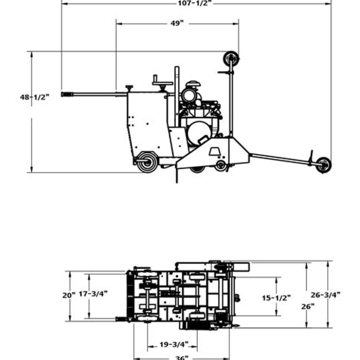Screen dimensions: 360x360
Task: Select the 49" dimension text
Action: pyautogui.click(x=177, y=23)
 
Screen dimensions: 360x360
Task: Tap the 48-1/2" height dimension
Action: pyautogui.click(x=34, y=97)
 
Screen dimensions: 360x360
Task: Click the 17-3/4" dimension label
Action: pyautogui.click(x=93, y=294)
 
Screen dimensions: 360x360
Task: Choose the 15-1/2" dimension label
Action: pyautogui.click(x=276, y=298)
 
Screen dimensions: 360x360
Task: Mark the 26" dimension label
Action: pyautogui.click(x=308, y=306)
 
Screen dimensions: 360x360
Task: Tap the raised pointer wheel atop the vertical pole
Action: pyautogui.click(x=231, y=59)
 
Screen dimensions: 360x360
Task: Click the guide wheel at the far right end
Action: pyautogui.click(x=323, y=165)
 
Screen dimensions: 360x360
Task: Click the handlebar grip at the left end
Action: pyautogui.click(x=67, y=95)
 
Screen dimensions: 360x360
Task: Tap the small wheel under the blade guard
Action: pyautogui.click(x=221, y=165)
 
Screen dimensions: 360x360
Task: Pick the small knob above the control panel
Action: pyautogui.click(x=130, y=88)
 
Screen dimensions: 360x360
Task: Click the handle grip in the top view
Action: pyautogui.click(x=121, y=319)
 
